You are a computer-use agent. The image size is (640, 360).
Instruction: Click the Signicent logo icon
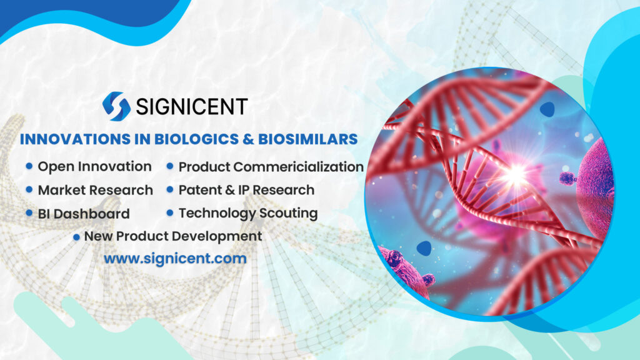pyautogui.click(x=116, y=106)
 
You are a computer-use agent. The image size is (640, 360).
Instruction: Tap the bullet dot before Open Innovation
pyautogui.click(x=29, y=166)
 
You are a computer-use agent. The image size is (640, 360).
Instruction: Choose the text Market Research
pyautogui.click(x=95, y=189)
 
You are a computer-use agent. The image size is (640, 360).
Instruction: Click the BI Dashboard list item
pyautogui.click(x=84, y=214)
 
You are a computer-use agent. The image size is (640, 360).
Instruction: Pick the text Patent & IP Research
pyautogui.click(x=246, y=189)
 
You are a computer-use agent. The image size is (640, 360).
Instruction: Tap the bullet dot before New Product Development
pyautogui.click(x=76, y=237)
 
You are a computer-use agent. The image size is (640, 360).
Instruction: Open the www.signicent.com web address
pyautogui.click(x=175, y=258)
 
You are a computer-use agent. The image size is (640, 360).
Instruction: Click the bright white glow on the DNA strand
pyautogui.click(x=514, y=174)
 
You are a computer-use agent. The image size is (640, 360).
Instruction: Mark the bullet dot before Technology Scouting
pyautogui.click(x=170, y=213)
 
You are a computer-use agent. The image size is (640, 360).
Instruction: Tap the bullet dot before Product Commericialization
pyautogui.click(x=170, y=167)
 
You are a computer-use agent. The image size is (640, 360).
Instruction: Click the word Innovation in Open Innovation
pyautogui.click(x=119, y=166)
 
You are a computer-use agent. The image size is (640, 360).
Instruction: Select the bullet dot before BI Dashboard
pyautogui.click(x=29, y=213)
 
